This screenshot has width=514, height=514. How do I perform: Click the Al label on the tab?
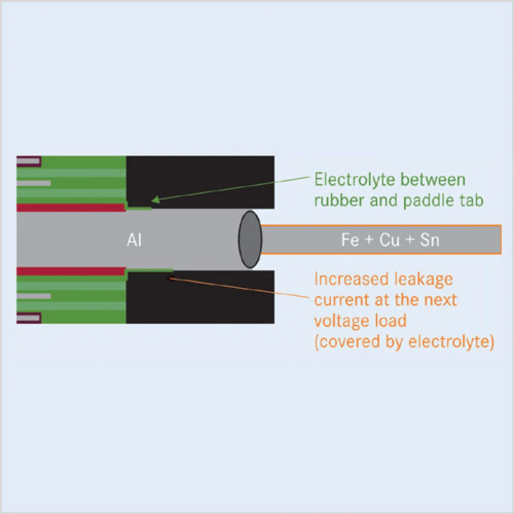point(134,240)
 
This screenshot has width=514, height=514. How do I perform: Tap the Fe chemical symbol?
point(350,240)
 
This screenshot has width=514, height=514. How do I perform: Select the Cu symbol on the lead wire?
point(390,240)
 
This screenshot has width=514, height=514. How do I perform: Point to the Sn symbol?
point(430,240)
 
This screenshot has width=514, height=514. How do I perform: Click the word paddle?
point(430,201)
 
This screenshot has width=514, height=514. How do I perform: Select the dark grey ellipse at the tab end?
point(250,239)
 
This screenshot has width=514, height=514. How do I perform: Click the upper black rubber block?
point(200,182)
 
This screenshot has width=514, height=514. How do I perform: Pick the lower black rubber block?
point(200,297)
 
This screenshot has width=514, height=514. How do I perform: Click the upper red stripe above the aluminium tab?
point(71,208)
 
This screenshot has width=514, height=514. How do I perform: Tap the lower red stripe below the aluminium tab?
point(71,271)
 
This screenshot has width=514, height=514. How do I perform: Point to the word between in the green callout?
point(433,179)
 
